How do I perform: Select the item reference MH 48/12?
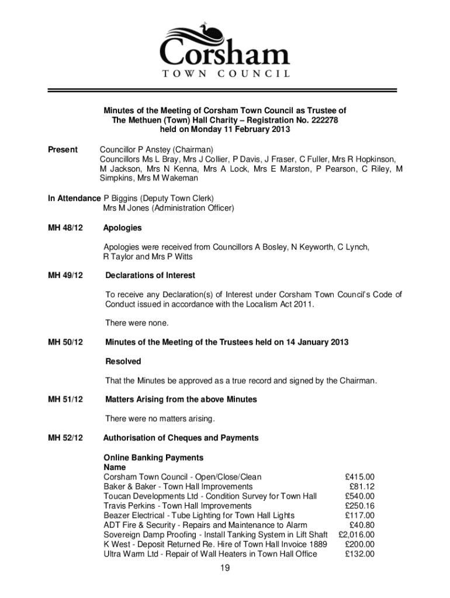[65, 228]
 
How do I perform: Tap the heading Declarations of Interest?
[150, 275]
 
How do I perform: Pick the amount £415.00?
[359, 477]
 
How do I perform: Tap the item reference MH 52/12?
[65, 437]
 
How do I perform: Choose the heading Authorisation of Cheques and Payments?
[181, 437]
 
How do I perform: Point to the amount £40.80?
[362, 525]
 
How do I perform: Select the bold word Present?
[63, 150]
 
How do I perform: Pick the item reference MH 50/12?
[65, 342]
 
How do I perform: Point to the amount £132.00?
[359, 554]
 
